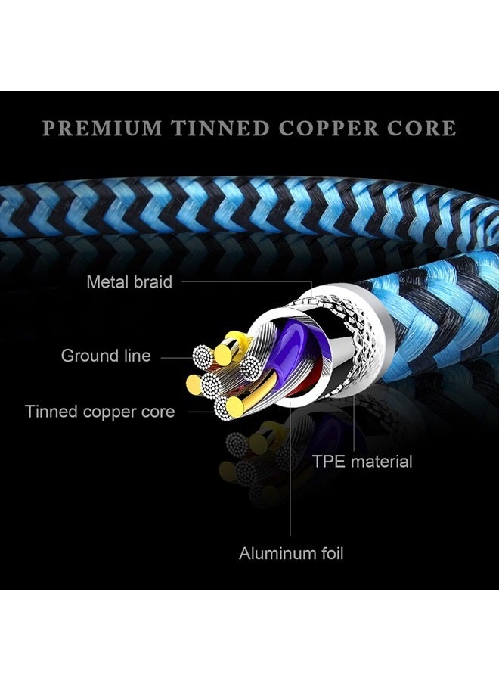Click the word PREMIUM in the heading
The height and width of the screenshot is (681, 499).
[x=102, y=128]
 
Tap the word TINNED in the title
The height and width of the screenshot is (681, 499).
[x=220, y=128]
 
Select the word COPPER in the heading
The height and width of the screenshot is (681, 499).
[x=328, y=128]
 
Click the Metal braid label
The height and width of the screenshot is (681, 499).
[x=129, y=282]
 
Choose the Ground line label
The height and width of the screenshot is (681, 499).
[x=106, y=356]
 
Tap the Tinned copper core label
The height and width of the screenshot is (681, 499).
[x=100, y=412]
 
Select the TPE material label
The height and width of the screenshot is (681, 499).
[x=362, y=461]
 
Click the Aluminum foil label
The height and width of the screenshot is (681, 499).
[x=291, y=553]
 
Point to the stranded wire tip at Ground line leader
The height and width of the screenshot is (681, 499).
[x=203, y=356]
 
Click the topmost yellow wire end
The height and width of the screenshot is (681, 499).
[x=223, y=354]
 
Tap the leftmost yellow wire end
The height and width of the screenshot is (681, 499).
[x=194, y=385]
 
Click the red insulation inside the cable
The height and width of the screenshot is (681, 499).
[x=304, y=382]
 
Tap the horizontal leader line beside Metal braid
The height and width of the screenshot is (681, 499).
[x=247, y=281]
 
